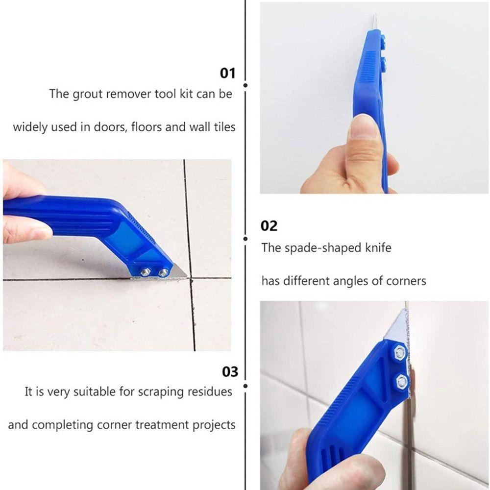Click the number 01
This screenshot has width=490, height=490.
(227, 73)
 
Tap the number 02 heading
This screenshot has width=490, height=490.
(269, 226)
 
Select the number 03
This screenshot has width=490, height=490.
(229, 371)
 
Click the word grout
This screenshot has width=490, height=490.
(88, 94)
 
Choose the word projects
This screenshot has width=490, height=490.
(214, 424)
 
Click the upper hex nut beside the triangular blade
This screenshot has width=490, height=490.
(399, 351)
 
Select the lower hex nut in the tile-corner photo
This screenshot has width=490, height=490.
(402, 380)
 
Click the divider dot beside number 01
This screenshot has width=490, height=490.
(245, 85)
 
